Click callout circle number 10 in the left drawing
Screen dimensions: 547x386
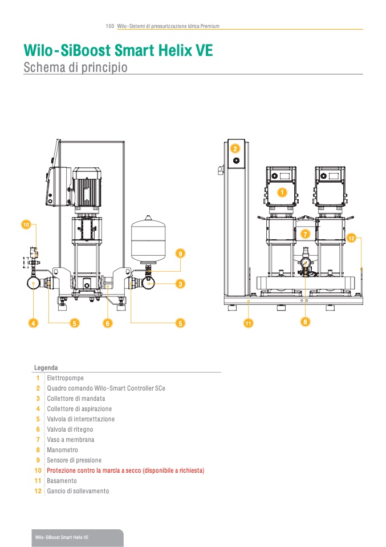pyautogui.click(x=25, y=225)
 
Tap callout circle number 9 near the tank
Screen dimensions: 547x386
pyautogui.click(x=180, y=253)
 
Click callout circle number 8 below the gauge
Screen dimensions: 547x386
pyautogui.click(x=305, y=322)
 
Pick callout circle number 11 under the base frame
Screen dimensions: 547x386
pyautogui.click(x=248, y=324)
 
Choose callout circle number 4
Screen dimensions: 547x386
pyautogui.click(x=34, y=323)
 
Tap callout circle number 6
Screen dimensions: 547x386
pyautogui.click(x=107, y=323)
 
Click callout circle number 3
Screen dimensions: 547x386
pyautogui.click(x=180, y=283)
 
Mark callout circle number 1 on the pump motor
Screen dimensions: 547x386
pyautogui.click(x=281, y=193)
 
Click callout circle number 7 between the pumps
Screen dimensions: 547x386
pyautogui.click(x=305, y=234)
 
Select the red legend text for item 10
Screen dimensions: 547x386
pyautogui.click(x=125, y=470)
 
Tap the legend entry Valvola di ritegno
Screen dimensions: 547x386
pyautogui.click(x=70, y=429)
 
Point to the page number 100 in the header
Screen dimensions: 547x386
pyautogui.click(x=110, y=26)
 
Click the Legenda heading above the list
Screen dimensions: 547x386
pyautogui.click(x=46, y=368)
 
